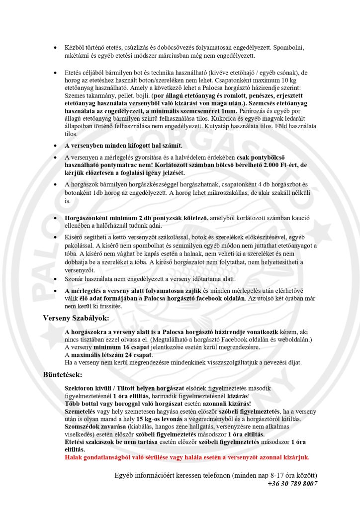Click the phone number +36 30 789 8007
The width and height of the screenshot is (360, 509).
pyautogui.click(x=292, y=483)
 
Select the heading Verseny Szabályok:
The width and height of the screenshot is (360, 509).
pyautogui.click(x=76, y=318)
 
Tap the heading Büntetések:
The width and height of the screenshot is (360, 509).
pyautogui.click(x=63, y=374)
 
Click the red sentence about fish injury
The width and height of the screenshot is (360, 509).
pyautogui.click(x=187, y=457)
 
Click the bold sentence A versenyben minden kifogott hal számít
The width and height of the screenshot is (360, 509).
pyautogui.click(x=124, y=146)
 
